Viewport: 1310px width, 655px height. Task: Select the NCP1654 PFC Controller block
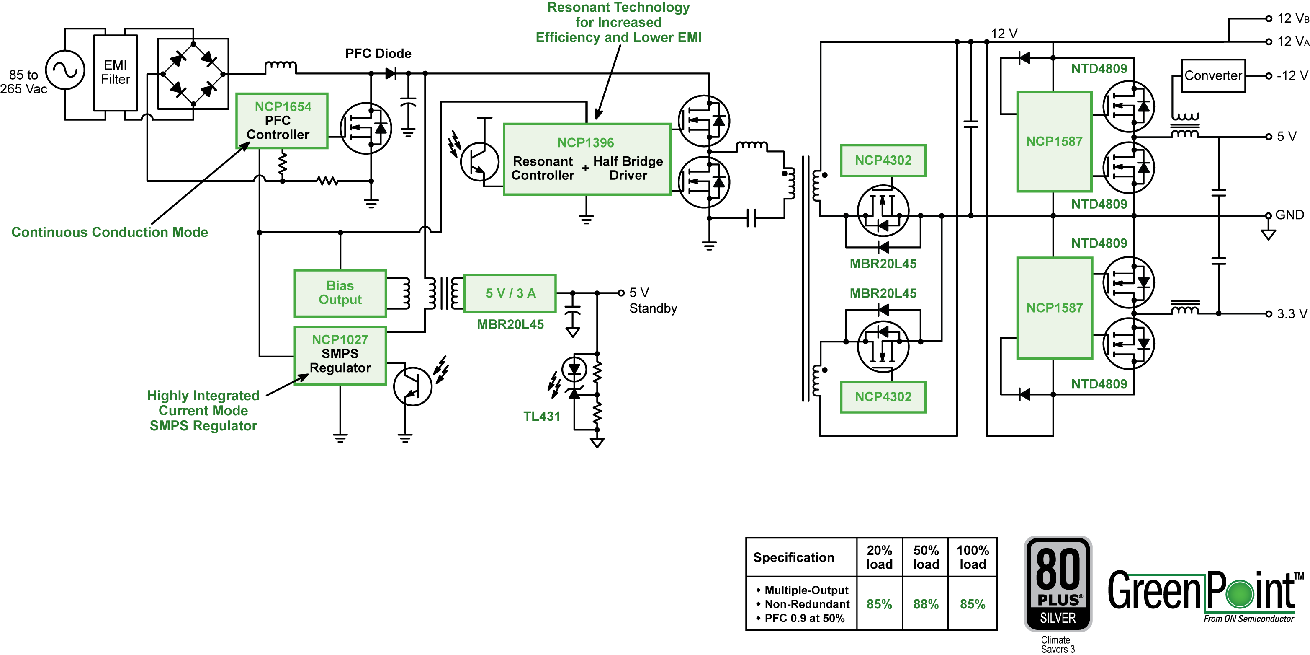pos(282,121)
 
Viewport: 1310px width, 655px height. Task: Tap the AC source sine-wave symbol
pos(65,70)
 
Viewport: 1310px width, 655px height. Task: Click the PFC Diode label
pos(378,54)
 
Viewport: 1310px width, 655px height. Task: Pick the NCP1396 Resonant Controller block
pos(587,159)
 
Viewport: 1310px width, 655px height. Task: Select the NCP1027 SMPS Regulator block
pos(340,355)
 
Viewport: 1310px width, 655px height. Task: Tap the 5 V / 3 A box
pos(510,293)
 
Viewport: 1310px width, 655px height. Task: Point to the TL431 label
pos(542,416)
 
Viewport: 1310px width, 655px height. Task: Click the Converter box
pos(1213,76)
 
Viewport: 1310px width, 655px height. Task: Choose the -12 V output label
pos(1292,76)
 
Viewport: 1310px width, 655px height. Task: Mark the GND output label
pos(1289,215)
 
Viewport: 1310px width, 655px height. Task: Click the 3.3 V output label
pos(1292,313)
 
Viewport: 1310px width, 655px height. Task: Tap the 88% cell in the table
pos(926,604)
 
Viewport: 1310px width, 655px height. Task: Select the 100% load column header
pos(972,557)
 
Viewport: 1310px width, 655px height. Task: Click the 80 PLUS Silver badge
pos(1058,584)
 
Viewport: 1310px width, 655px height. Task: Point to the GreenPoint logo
pos(1206,595)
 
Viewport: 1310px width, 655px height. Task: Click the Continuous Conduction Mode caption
pos(110,232)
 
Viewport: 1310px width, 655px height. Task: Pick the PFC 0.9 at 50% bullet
pos(801,619)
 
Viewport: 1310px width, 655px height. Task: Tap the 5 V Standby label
pos(653,300)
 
